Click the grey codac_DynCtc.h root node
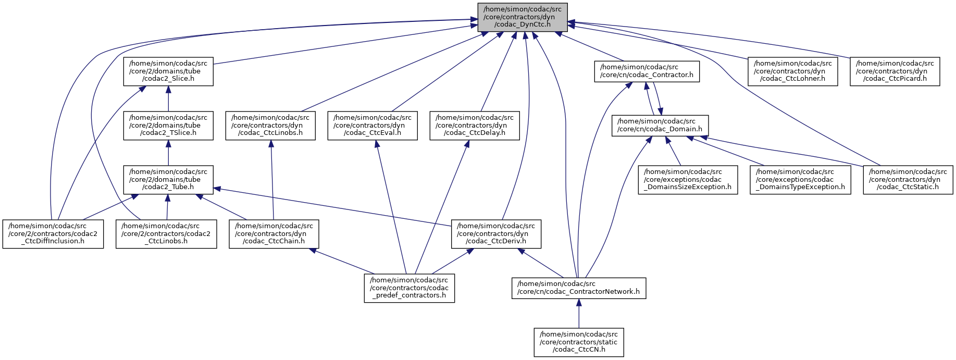523,17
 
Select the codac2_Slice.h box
168,71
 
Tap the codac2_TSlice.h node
168,125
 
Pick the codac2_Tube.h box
168,179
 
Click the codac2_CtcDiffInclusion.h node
53,233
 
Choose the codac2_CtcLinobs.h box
166,233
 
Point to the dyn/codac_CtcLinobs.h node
270,125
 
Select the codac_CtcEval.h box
373,125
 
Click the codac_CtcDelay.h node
475,125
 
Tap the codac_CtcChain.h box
274,233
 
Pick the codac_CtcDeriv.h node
496,233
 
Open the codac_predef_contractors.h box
409,288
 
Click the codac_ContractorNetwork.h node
579,288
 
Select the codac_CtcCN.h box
579,342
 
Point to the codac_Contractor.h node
647,71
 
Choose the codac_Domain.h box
660,125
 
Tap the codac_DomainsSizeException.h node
688,179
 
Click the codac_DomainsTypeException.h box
800,179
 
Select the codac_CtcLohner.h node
793,71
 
